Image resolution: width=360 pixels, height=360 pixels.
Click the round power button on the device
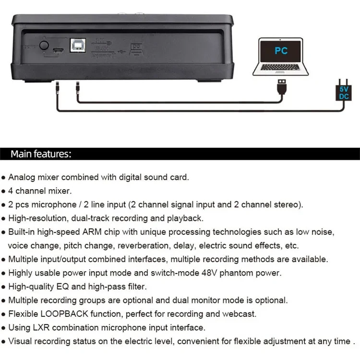coord(45,46)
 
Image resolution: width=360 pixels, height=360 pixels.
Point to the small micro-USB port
coord(58,50)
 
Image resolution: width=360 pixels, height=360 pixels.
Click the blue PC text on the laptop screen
coord(281,50)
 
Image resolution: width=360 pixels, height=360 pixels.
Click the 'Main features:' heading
coord(41,154)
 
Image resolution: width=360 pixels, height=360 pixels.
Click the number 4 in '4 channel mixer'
coord(11,191)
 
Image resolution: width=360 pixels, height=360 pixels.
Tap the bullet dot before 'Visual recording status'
coord(4,342)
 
